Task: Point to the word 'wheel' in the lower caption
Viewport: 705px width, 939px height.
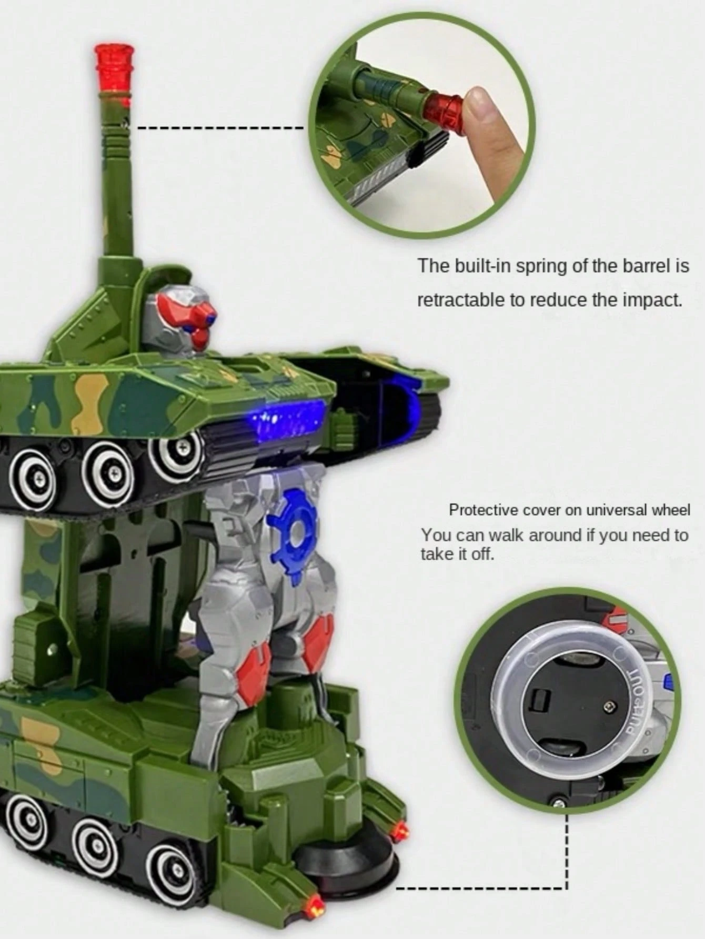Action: [x=671, y=510]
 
